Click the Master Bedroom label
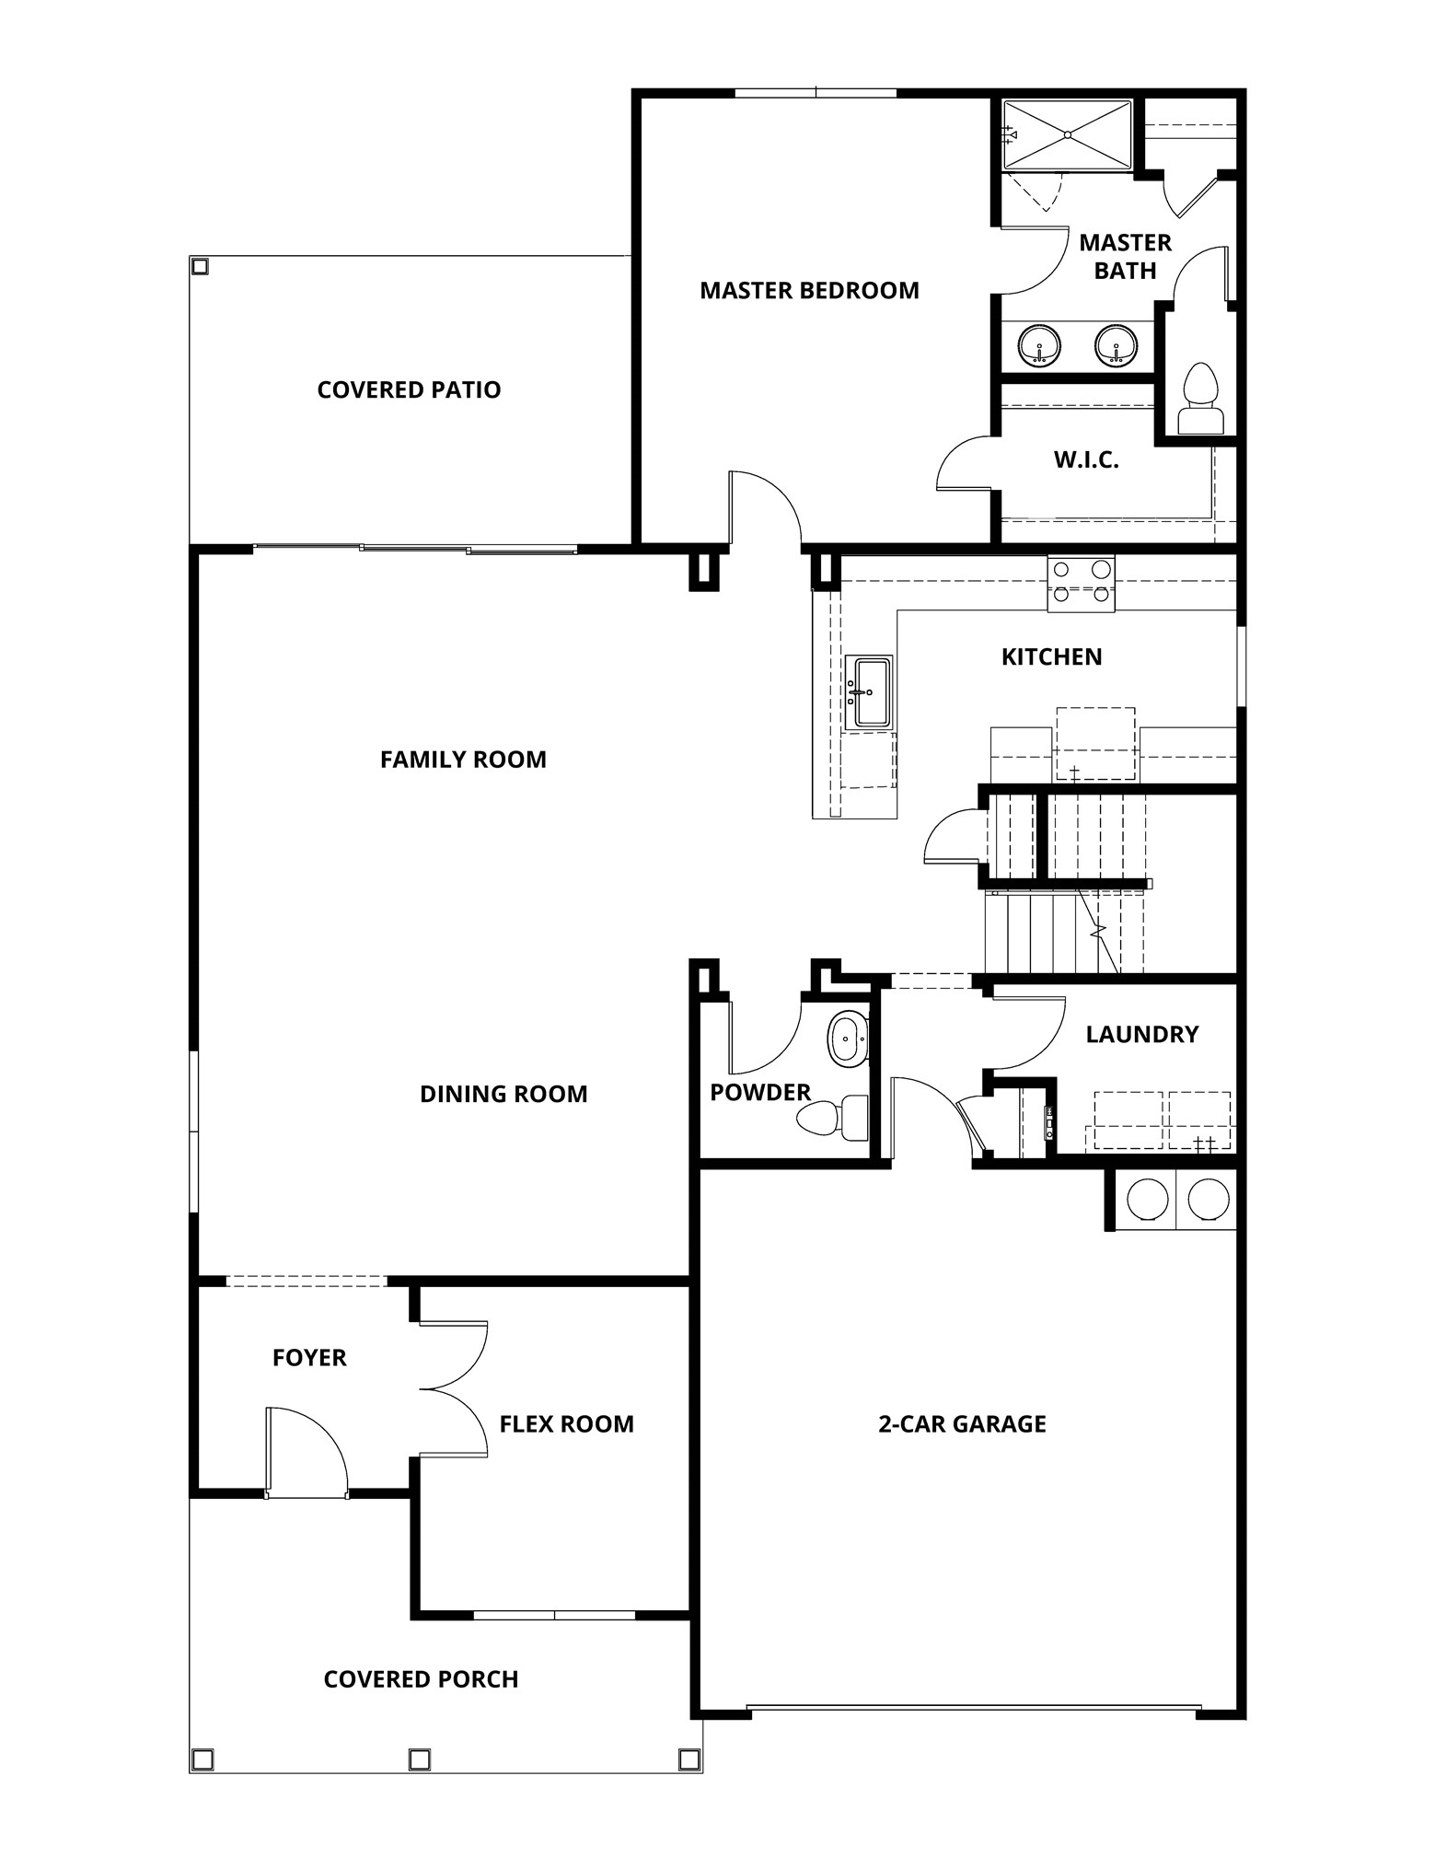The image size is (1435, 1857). (809, 291)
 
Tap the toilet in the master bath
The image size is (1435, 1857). (1200, 400)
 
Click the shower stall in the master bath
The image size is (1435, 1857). (1067, 135)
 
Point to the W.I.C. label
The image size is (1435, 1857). (1086, 460)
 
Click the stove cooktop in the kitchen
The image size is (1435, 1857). (1081, 584)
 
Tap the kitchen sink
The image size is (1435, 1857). (869, 692)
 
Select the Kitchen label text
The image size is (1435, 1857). (1051, 657)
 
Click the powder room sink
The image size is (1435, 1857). (848, 1039)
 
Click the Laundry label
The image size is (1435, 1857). (1141, 1035)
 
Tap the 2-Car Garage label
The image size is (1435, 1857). (962, 1424)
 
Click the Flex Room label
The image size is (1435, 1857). (566, 1424)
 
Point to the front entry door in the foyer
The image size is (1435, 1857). (306, 1450)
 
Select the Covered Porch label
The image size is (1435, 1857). (421, 1679)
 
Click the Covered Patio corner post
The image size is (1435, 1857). (200, 266)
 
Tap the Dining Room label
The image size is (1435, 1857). (503, 1095)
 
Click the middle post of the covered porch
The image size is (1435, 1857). (419, 1759)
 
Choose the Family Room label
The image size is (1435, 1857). (463, 760)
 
